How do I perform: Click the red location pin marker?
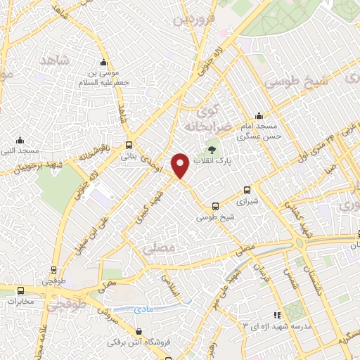(x=181, y=165)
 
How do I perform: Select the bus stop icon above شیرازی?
(x=246, y=189)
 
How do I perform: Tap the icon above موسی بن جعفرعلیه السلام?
(x=105, y=61)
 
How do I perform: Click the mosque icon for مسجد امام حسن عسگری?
(x=259, y=116)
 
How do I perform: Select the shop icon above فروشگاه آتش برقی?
(x=138, y=332)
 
